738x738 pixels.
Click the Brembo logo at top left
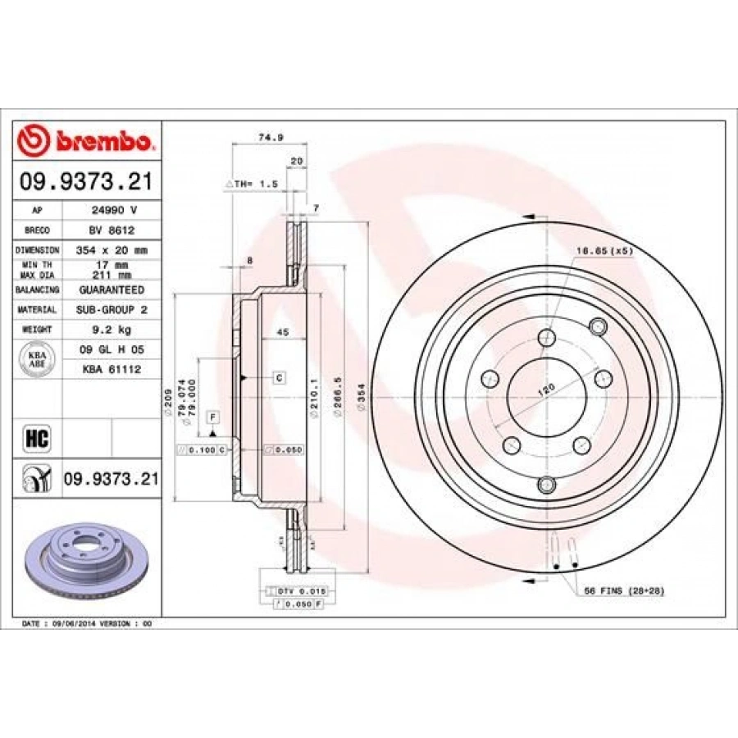pyautogui.click(x=86, y=141)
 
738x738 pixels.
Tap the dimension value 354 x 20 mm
pyautogui.click(x=111, y=249)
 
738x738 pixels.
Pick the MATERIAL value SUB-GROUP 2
pyautogui.click(x=111, y=310)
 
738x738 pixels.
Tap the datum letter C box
pyautogui.click(x=279, y=377)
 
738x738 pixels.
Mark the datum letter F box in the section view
pyautogui.click(x=212, y=417)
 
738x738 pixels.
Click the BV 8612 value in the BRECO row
pyautogui.click(x=111, y=230)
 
